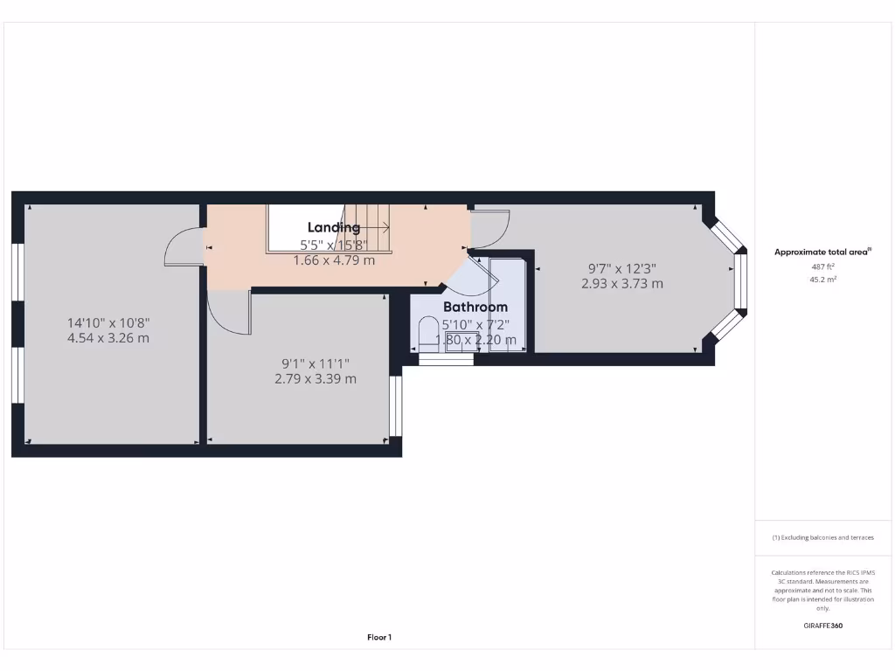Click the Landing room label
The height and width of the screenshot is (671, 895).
coord(333,228)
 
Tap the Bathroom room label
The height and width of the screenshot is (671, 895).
coord(475,308)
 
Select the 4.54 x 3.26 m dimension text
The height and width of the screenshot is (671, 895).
coord(108,338)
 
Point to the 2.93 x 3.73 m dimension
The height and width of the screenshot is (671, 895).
coord(621,284)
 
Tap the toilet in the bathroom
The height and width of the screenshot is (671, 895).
coord(428,332)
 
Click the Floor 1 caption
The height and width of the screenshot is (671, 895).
coord(378,638)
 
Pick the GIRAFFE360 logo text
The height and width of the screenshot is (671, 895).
coord(822,626)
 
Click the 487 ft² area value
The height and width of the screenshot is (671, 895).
coord(822,266)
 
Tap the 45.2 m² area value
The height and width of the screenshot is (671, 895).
coord(822,280)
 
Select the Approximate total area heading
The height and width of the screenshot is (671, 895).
coord(822,252)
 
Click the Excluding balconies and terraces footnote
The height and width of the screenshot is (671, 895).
coord(822,538)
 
